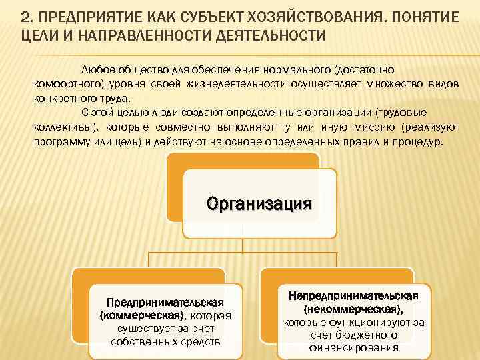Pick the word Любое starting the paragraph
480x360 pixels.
tap(97, 69)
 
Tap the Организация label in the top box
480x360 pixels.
tap(259, 203)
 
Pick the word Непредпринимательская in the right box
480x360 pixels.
tap(353, 295)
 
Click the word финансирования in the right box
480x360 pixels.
tap(353, 347)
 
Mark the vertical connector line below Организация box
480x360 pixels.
tap(242, 245)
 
